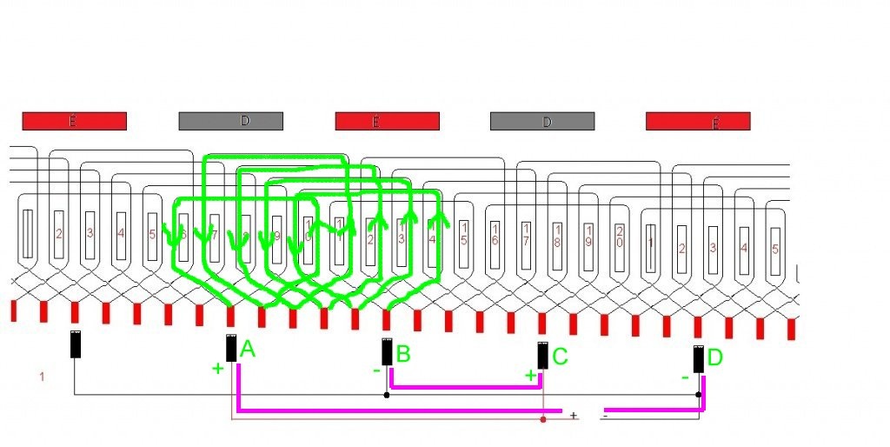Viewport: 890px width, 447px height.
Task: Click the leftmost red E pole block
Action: pyautogui.click(x=74, y=121)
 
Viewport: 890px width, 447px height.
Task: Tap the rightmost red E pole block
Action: pyautogui.click(x=698, y=121)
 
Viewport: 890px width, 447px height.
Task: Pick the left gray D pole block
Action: pyautogui.click(x=230, y=121)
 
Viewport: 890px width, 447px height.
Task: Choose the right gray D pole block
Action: pyautogui.click(x=542, y=121)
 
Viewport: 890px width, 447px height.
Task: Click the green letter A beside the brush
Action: pyautogui.click(x=247, y=350)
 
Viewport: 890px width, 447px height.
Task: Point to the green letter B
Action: pyautogui.click(x=402, y=354)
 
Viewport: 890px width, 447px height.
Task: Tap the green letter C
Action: pyautogui.click(x=560, y=356)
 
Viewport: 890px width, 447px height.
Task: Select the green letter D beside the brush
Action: pyautogui.click(x=714, y=357)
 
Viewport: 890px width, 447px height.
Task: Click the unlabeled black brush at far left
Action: pyautogui.click(x=76, y=344)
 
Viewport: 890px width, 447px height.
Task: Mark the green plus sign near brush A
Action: pyautogui.click(x=217, y=369)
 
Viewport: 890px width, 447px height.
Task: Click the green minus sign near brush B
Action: pyautogui.click(x=376, y=370)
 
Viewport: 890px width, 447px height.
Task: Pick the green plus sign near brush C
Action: pyautogui.click(x=530, y=375)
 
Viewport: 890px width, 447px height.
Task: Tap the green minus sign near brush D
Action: pyautogui.click(x=685, y=377)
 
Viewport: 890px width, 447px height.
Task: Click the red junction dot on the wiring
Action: pyautogui.click(x=543, y=419)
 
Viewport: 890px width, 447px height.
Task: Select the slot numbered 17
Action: pyautogui.click(x=526, y=234)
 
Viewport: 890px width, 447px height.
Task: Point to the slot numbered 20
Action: pyautogui.click(x=620, y=234)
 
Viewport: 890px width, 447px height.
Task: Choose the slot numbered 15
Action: pyautogui.click(x=464, y=234)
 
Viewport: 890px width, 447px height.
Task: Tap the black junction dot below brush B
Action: pyautogui.click(x=387, y=394)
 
